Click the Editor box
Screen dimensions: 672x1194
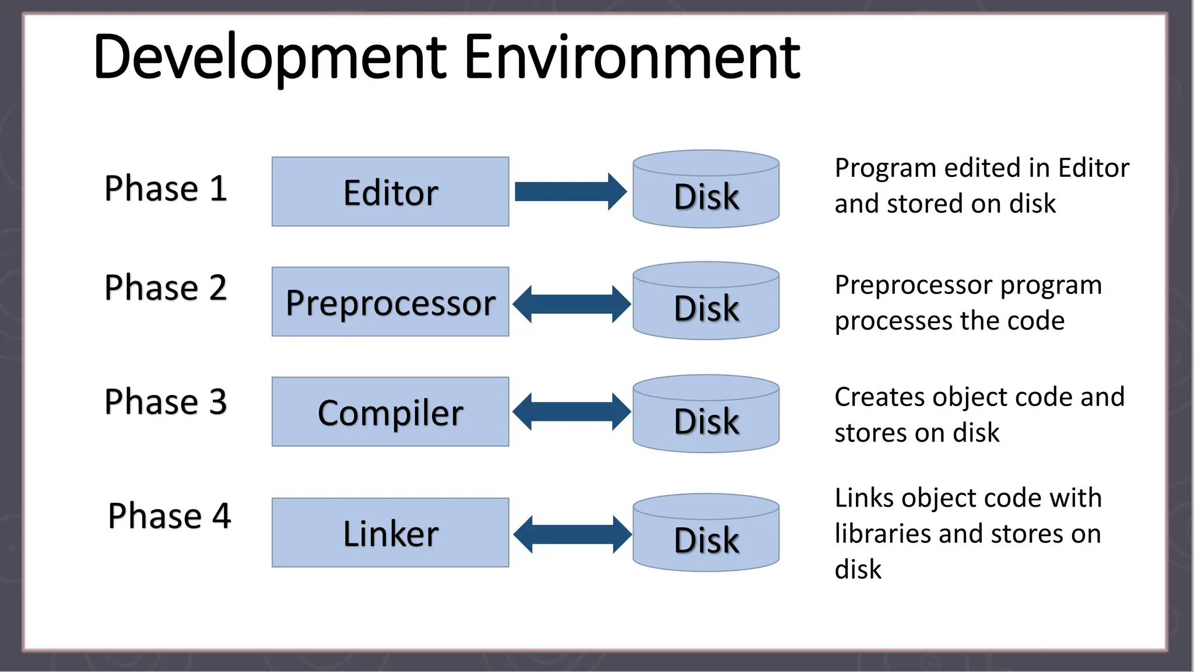click(x=390, y=192)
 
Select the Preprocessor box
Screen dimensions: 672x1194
click(x=390, y=302)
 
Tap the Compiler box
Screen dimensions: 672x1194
click(x=390, y=412)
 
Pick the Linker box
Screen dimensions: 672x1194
click(x=390, y=533)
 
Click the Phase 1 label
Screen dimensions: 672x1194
click(x=166, y=188)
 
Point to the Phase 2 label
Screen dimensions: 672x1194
click(x=166, y=288)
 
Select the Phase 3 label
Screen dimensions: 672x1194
click(x=166, y=401)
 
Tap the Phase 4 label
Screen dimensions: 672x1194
click(x=170, y=516)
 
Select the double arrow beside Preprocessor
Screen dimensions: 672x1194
click(x=571, y=304)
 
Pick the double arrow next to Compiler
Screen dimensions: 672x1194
click(x=571, y=412)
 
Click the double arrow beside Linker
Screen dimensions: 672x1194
click(x=572, y=534)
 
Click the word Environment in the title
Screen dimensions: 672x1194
click(x=632, y=57)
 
